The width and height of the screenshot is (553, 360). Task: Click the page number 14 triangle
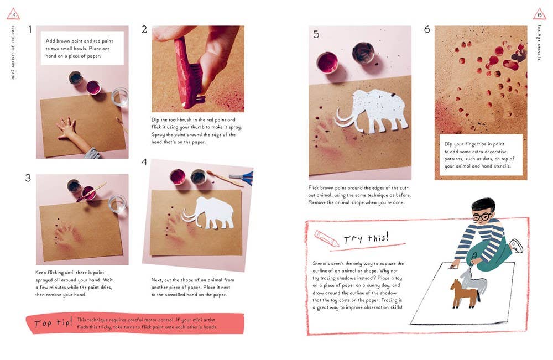[13, 14]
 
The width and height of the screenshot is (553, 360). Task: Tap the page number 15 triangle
[539, 14]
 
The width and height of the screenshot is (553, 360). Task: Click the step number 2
[144, 30]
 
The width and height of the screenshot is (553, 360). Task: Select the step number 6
[427, 30]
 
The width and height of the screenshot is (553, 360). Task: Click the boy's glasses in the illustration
[481, 216]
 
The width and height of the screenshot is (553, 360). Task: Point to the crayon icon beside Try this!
[326, 238]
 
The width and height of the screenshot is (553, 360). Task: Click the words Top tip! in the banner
[53, 324]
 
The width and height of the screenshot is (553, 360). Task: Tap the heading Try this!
[366, 238]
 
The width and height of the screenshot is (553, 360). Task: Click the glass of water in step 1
[119, 97]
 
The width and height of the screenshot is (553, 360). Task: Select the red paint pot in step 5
[327, 62]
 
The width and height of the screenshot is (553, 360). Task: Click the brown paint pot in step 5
[363, 53]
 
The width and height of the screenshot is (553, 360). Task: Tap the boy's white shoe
[515, 246]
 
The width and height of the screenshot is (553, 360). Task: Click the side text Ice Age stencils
[539, 50]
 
